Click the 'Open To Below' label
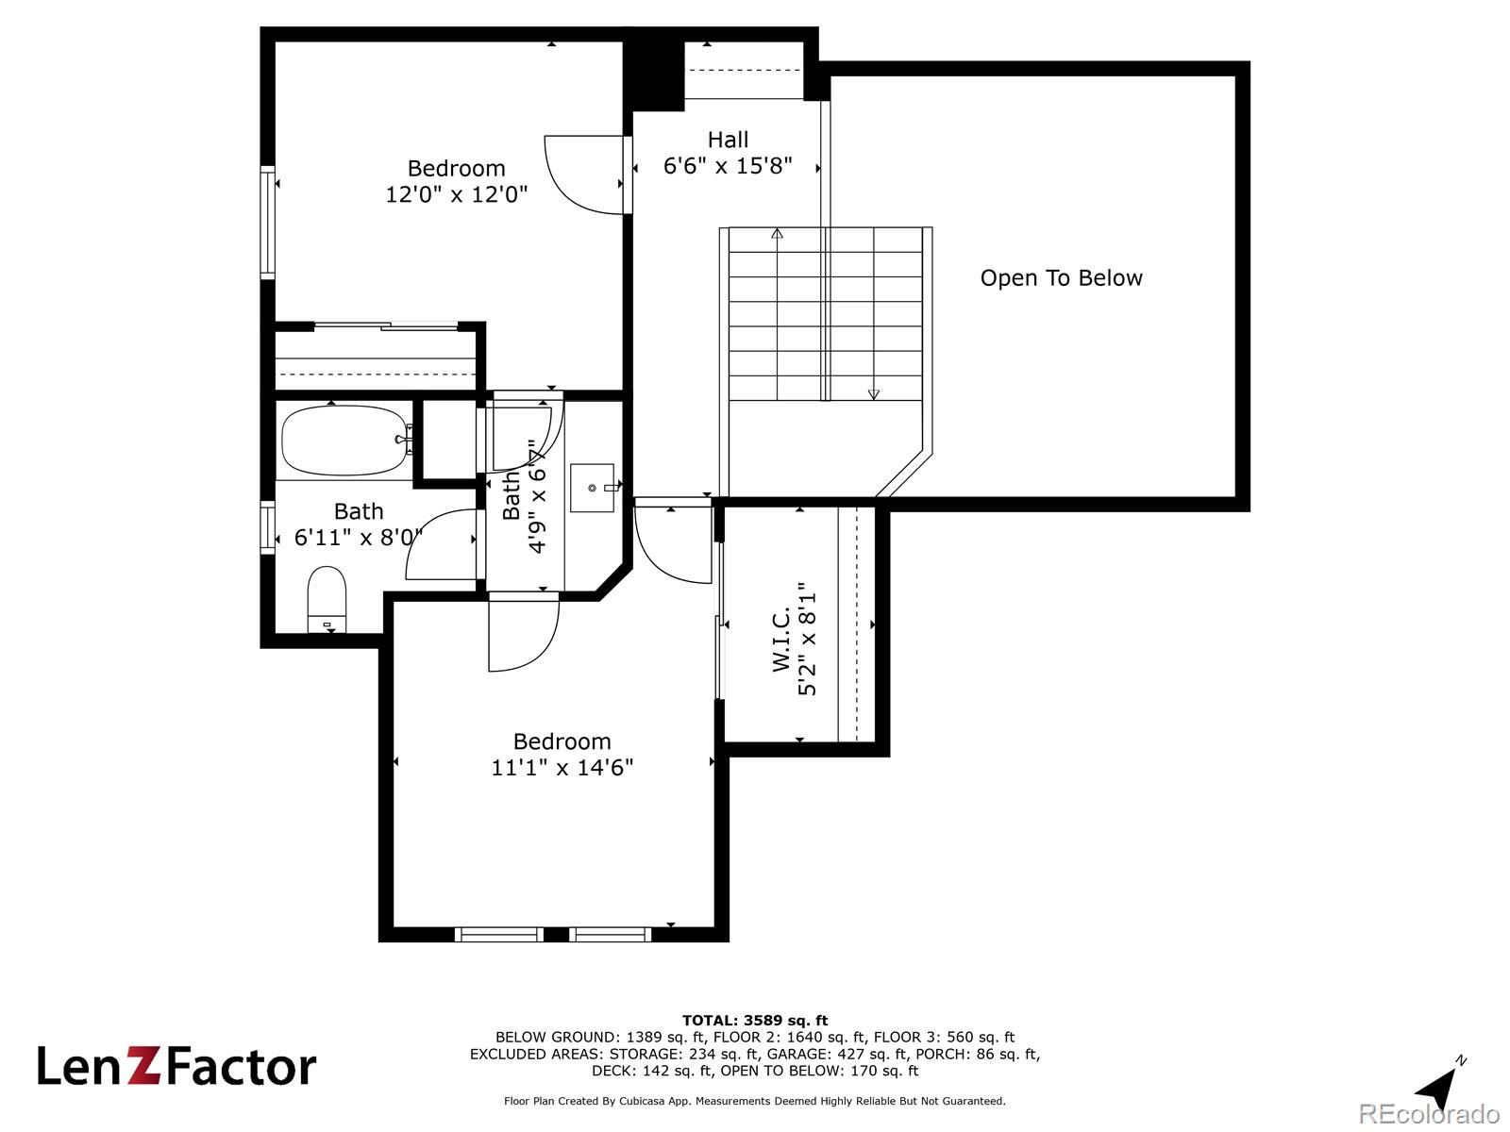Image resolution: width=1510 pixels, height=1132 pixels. (x=1061, y=278)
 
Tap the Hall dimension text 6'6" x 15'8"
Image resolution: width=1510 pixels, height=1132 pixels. (x=728, y=166)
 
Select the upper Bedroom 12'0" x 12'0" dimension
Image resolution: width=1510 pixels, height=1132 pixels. (x=456, y=194)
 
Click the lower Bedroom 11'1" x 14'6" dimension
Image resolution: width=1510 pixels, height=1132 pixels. (x=562, y=768)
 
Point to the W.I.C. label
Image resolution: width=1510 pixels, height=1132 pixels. (x=781, y=639)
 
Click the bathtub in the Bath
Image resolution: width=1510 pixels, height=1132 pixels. (x=343, y=441)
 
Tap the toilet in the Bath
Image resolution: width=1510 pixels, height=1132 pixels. (x=327, y=598)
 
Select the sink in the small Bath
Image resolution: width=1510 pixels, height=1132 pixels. (x=593, y=488)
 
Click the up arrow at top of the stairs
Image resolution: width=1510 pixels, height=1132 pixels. (x=778, y=233)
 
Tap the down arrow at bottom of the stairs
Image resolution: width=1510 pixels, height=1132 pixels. (x=874, y=393)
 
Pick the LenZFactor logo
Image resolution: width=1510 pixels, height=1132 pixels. (x=176, y=1067)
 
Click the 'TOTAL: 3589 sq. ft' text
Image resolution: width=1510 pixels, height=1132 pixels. (x=755, y=1020)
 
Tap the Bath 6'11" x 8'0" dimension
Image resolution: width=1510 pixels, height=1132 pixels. (x=359, y=538)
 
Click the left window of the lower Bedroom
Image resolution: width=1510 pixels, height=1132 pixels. (x=499, y=935)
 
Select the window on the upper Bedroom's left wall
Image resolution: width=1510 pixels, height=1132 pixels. (x=268, y=223)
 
